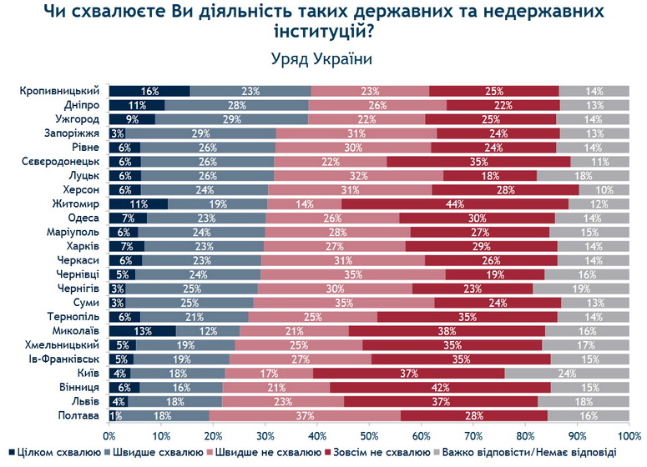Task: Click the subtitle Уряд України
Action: pos(322,60)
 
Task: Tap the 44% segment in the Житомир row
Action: pos(455,203)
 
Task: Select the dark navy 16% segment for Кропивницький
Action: pos(149,91)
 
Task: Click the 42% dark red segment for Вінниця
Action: pos(440,387)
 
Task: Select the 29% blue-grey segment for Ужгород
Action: pos(231,119)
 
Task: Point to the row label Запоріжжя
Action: pos(73,133)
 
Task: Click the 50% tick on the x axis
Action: pos(369,435)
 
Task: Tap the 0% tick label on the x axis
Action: pos(109,435)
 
